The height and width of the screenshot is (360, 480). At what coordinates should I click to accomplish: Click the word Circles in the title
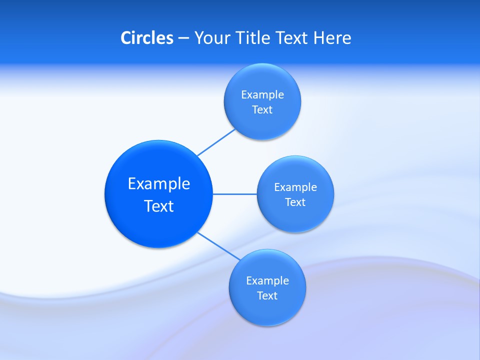click(x=146, y=38)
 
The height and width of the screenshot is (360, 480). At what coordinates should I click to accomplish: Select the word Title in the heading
click(x=252, y=38)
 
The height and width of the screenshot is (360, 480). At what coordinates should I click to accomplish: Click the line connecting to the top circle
click(x=216, y=142)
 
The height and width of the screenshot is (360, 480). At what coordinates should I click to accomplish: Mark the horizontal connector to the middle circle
click(x=235, y=194)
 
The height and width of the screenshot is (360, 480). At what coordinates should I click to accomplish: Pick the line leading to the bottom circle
click(x=218, y=245)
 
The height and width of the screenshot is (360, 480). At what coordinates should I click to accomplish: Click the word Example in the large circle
click(x=159, y=184)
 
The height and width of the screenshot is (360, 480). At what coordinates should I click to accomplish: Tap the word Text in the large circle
click(x=159, y=206)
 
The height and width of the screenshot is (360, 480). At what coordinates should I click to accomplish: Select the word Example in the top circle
click(x=262, y=95)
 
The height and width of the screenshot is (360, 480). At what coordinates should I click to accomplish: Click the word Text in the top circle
click(x=262, y=110)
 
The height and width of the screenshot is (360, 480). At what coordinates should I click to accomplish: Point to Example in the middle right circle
click(x=295, y=187)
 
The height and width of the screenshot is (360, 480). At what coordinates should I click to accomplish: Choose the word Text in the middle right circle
click(x=295, y=202)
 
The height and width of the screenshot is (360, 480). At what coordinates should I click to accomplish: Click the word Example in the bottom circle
click(x=267, y=281)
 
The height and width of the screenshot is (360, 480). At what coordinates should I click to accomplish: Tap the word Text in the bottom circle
click(x=267, y=296)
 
